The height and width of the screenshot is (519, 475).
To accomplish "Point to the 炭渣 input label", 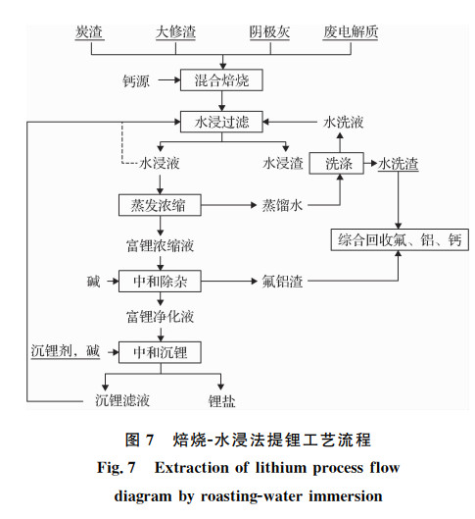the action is (89, 32).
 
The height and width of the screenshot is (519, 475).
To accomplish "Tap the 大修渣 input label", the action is (175, 32).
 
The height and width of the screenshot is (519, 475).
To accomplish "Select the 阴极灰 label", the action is (269, 32).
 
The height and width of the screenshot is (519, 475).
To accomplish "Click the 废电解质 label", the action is (351, 32).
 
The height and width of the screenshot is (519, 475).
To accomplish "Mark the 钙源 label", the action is (136, 80).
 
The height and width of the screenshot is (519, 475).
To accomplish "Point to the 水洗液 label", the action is (343, 122).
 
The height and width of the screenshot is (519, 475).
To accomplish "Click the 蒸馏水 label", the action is (282, 205).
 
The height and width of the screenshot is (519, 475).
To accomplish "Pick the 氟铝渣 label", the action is (282, 282).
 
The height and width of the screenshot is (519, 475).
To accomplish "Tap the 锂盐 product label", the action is (221, 401).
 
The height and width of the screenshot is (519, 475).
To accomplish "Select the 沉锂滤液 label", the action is (122, 400).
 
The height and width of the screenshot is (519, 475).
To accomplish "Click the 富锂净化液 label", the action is (160, 317).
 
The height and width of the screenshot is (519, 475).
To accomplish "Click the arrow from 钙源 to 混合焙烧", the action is (169, 80).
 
